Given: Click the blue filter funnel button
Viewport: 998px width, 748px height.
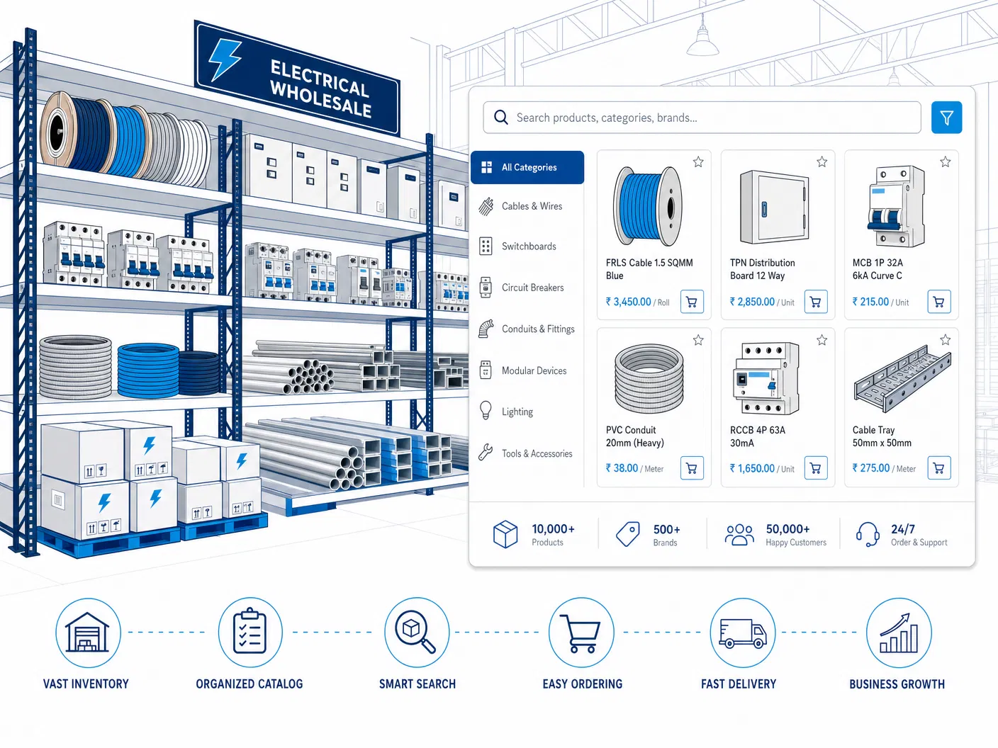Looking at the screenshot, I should pyautogui.click(x=946, y=118).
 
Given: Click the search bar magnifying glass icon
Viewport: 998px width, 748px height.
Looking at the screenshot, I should pyautogui.click(x=501, y=118).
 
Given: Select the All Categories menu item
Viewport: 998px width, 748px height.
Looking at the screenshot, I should pyautogui.click(x=527, y=167).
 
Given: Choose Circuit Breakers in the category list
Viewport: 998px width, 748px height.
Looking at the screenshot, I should pyautogui.click(x=532, y=288).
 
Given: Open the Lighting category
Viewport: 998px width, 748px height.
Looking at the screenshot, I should pyautogui.click(x=517, y=412).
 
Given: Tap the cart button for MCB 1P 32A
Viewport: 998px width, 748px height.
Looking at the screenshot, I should pyautogui.click(x=938, y=302).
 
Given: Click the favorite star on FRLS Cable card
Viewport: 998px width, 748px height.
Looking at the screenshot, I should pyautogui.click(x=698, y=162).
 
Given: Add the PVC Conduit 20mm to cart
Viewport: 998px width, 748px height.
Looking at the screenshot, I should pyautogui.click(x=692, y=468).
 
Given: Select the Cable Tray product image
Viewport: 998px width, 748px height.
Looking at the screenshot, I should pyautogui.click(x=902, y=378).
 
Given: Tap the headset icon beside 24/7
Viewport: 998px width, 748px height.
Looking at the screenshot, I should pyautogui.click(x=868, y=534).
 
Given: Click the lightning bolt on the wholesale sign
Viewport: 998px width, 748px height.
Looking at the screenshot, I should pyautogui.click(x=225, y=59).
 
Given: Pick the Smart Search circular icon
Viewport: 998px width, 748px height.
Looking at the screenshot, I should pyautogui.click(x=417, y=633).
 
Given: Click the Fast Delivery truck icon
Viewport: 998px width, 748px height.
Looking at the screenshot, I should pyautogui.click(x=742, y=633).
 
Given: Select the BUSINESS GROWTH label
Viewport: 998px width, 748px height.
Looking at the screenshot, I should pyautogui.click(x=897, y=684).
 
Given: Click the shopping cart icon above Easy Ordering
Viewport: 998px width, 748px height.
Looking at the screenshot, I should pyautogui.click(x=581, y=633).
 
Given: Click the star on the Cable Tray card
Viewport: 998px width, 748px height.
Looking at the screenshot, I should pyautogui.click(x=945, y=340).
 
